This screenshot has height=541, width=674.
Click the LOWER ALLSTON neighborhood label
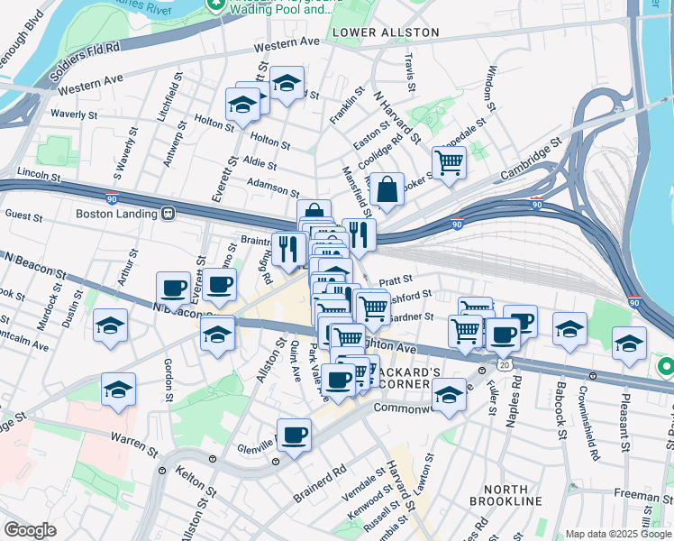point(385,32)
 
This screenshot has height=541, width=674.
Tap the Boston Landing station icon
point(168,214)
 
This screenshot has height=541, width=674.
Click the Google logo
point(29,530)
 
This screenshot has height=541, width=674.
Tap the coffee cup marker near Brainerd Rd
point(294,436)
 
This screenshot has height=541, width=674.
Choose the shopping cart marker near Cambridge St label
point(449,163)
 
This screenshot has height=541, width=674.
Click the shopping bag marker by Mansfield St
point(387,190)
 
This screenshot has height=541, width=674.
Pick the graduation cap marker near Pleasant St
point(629,343)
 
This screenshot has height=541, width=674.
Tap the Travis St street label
point(410,71)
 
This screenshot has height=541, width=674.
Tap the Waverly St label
point(75,115)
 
